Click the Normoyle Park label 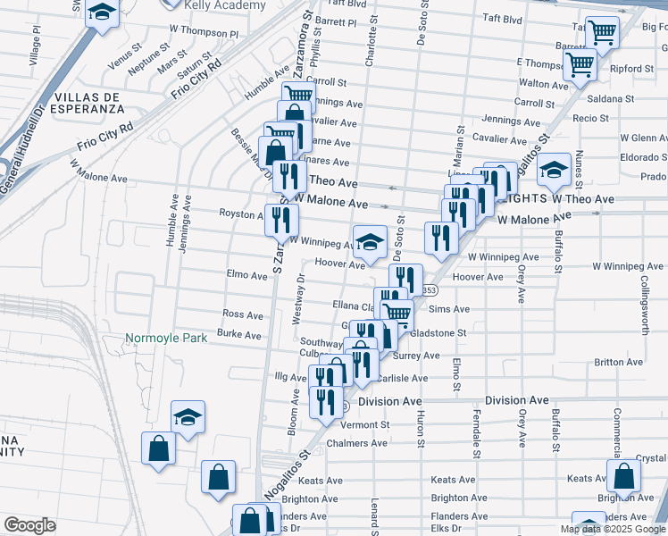tap(166, 338)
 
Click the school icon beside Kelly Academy tap(104, 13)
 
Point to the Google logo tap(29, 525)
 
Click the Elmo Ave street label tap(247, 276)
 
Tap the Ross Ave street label tap(242, 314)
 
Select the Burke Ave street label tap(239, 335)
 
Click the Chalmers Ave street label tap(356, 443)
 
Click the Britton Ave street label tap(618, 362)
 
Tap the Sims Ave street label tap(449, 309)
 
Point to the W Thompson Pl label tap(205, 33)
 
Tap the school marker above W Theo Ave tap(554, 170)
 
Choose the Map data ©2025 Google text tap(613, 529)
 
